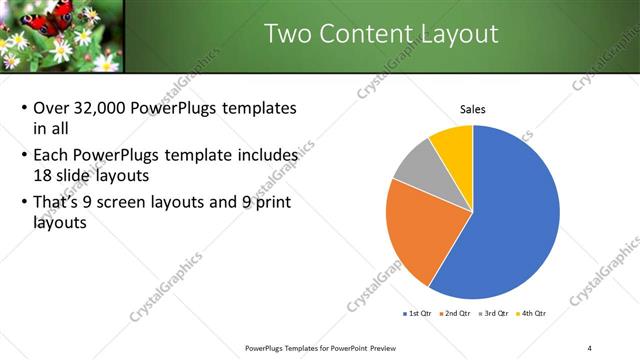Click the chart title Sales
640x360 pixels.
(473, 109)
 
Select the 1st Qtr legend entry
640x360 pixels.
(419, 313)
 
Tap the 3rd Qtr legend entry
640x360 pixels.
(496, 313)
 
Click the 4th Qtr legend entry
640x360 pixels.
(532, 313)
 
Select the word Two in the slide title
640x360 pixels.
(286, 34)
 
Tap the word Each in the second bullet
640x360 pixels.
(52, 156)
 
